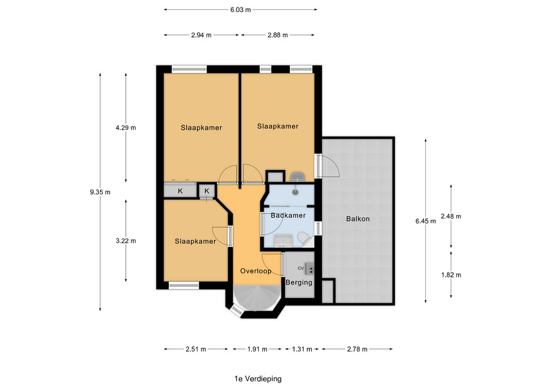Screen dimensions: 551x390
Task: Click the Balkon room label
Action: tap(358, 219)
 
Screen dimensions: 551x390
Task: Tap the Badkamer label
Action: tap(288, 215)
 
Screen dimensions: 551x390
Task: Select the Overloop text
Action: tap(256, 271)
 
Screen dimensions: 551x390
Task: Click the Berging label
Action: tap(298, 283)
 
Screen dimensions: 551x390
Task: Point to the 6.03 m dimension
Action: tap(240, 10)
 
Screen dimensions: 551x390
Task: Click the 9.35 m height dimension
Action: tap(100, 192)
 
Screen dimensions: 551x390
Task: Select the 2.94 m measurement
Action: tap(201, 35)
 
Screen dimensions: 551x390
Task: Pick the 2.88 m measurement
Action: tap(278, 35)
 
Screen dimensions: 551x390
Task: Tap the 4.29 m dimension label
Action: tap(126, 128)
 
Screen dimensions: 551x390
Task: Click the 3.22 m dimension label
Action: tap(126, 241)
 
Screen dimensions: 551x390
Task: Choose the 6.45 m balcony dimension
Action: tap(425, 221)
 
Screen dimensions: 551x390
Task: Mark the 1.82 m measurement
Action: tap(451, 275)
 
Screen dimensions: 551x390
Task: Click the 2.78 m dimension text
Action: tap(357, 349)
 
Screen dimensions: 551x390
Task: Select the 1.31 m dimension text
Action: tap(302, 349)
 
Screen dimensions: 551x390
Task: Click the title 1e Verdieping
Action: tap(258, 379)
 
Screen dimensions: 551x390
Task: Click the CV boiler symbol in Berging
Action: tap(309, 268)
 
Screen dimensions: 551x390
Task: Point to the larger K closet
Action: tap(180, 191)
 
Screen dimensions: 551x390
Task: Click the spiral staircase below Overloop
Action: tap(256, 298)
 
